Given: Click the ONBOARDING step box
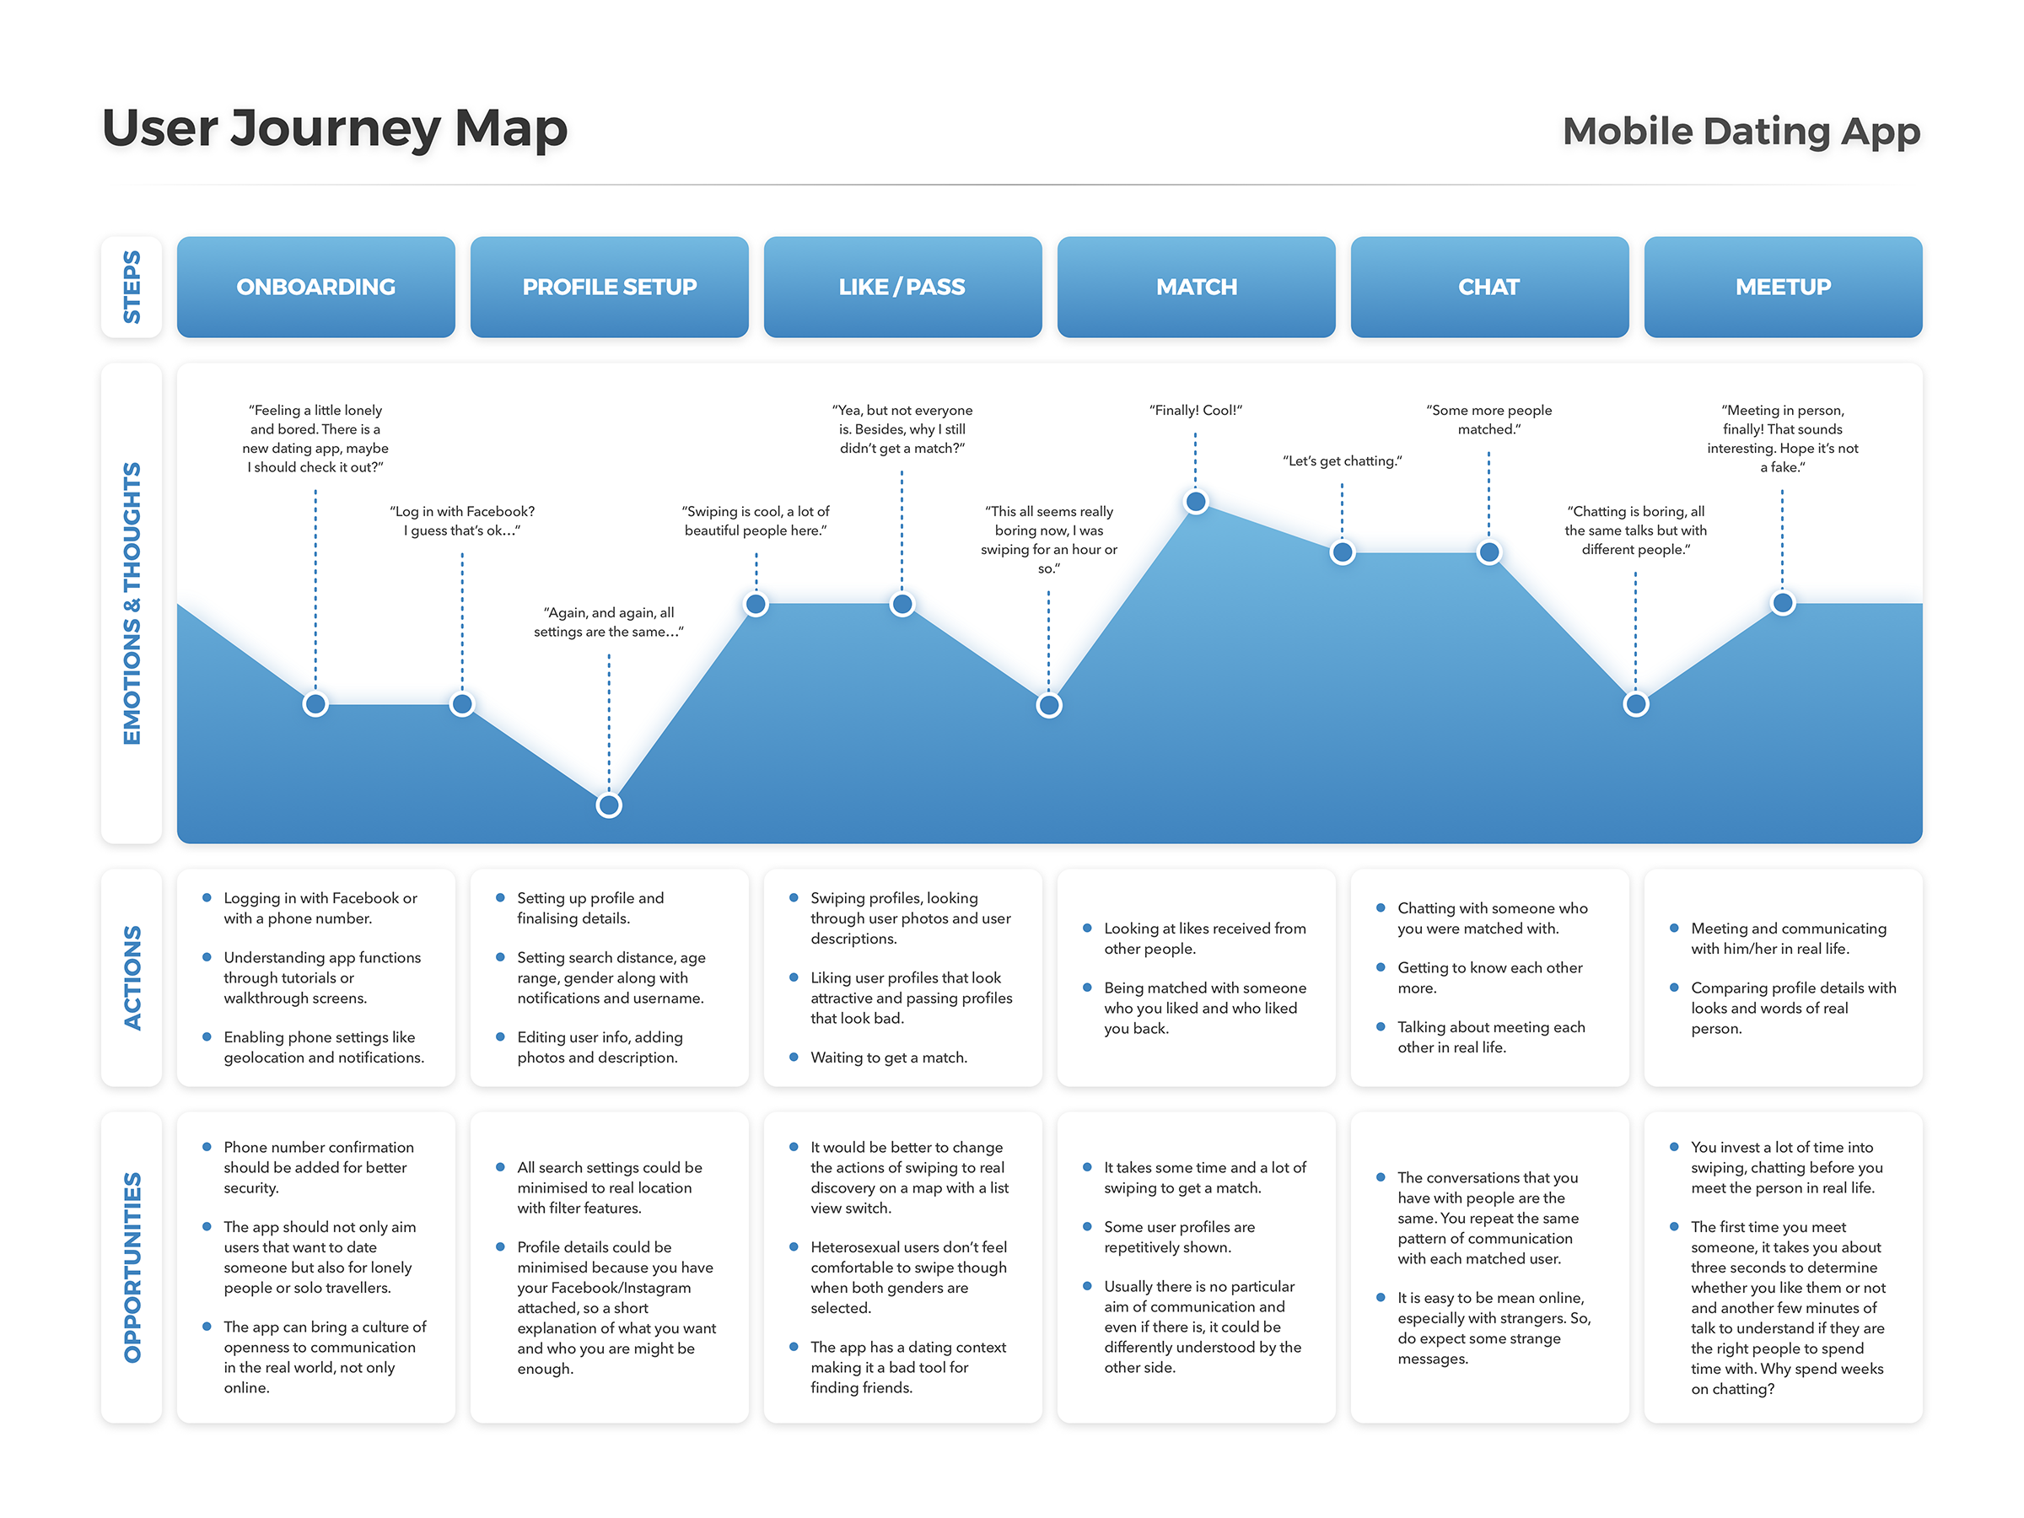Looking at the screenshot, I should [x=315, y=287].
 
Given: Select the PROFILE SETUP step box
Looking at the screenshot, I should [x=610, y=287].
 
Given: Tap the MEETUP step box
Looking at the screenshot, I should [x=1783, y=287].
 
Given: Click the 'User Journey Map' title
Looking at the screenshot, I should [x=335, y=128].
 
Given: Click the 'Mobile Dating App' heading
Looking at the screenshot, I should [x=1741, y=131].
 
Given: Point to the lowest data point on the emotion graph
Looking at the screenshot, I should [x=609, y=805].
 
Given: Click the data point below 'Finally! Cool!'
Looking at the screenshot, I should [x=1195, y=502].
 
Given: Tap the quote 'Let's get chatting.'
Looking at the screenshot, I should [x=1342, y=461].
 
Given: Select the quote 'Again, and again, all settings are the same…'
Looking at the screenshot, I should [x=609, y=622].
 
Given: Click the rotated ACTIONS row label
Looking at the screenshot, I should [x=132, y=977].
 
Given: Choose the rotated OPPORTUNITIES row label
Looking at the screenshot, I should [x=132, y=1268].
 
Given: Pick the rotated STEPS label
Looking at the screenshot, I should [x=132, y=287].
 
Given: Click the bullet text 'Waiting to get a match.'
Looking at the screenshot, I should [x=889, y=1058].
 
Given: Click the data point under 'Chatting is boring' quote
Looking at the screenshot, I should [x=1635, y=704].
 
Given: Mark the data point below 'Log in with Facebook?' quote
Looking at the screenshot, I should [x=462, y=704].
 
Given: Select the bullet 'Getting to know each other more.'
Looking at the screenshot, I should [x=1488, y=977].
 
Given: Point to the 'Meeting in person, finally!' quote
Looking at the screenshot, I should [x=1781, y=439].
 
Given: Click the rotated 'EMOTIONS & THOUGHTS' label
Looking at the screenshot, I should [x=132, y=603].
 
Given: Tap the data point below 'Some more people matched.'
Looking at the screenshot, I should [x=1488, y=552].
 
